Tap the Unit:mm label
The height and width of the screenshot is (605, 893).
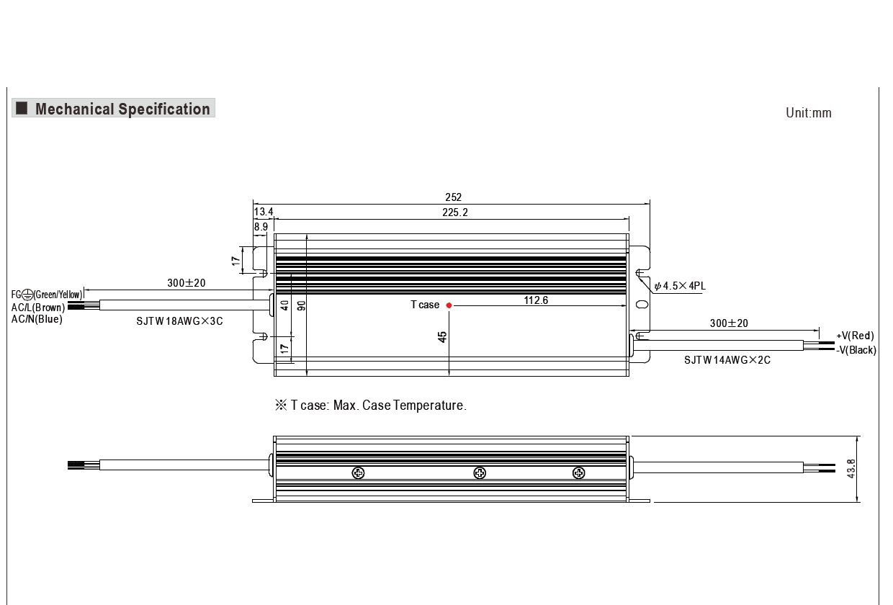click(808, 113)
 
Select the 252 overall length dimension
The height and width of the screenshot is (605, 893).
click(453, 197)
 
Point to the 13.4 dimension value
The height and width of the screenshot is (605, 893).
click(264, 212)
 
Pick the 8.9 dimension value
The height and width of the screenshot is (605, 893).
click(261, 226)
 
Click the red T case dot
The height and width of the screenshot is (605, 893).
click(449, 305)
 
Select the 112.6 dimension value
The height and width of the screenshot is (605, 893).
click(536, 300)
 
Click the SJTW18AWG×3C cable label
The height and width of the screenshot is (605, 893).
click(179, 321)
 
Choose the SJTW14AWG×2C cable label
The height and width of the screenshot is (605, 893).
click(727, 360)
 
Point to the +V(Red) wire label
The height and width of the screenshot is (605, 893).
click(855, 336)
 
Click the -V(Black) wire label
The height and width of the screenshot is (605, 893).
click(856, 350)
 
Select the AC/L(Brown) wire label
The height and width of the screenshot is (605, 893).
click(38, 308)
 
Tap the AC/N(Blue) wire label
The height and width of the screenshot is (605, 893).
click(37, 319)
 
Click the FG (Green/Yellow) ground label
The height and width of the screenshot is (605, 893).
click(46, 295)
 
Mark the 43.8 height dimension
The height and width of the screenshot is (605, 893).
click(851, 469)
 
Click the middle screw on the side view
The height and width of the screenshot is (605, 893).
click(480, 472)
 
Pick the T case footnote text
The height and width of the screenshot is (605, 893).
click(371, 405)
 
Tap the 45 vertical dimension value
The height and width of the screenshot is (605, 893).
click(443, 336)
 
